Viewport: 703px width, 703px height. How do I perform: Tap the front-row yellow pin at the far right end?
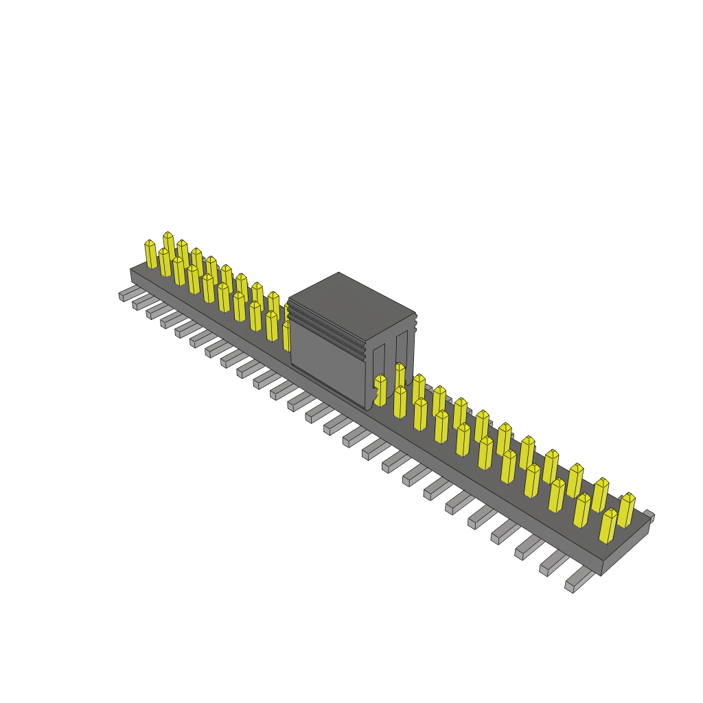[608, 527]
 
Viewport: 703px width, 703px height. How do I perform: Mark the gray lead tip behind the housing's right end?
[649, 516]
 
